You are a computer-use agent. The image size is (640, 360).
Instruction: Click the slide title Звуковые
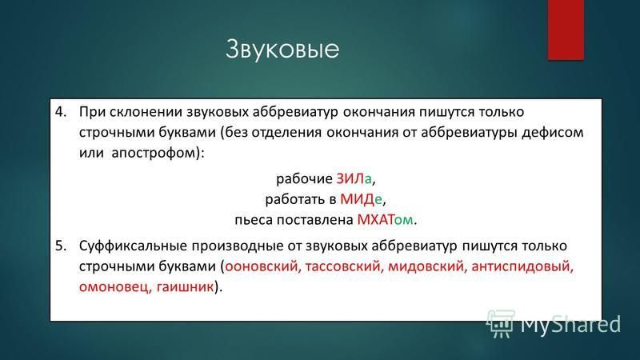coord(282,50)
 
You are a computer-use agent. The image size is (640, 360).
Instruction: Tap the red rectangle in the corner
coord(566,30)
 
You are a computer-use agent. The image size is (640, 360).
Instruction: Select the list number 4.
coord(61,112)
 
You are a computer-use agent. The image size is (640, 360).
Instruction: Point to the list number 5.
coord(61,246)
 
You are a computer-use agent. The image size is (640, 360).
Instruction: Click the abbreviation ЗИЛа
coord(354,178)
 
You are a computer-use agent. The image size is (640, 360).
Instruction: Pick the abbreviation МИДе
coord(361,199)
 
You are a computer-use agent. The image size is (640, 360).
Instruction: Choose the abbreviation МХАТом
coord(385,219)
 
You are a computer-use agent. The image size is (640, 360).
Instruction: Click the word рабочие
coord(304,179)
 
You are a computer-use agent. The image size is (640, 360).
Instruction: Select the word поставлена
coord(314,219)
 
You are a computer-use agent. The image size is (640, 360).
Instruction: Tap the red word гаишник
coord(186,287)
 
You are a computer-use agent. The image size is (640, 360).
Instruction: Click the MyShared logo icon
coord(500,324)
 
